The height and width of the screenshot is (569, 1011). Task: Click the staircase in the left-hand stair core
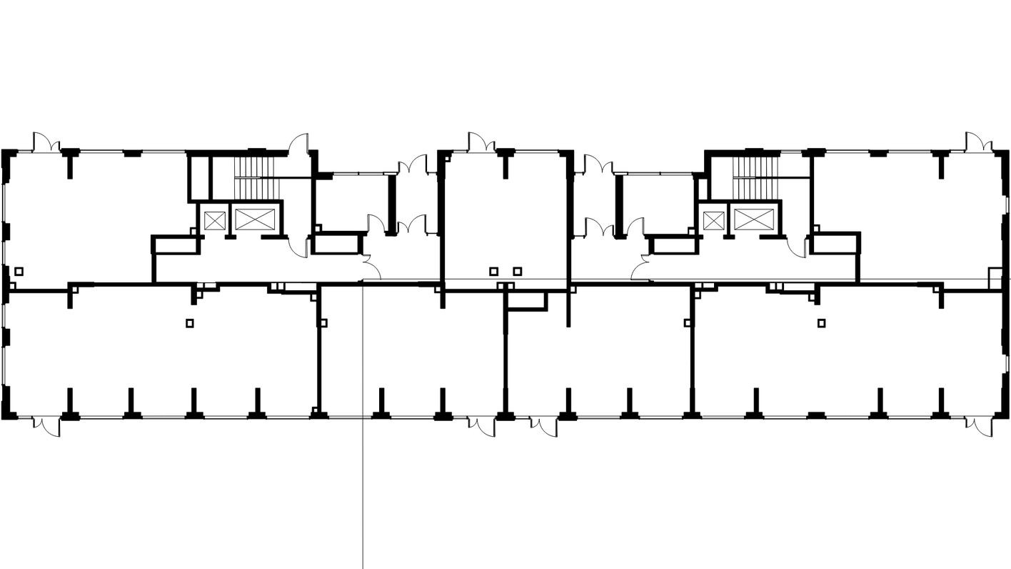click(255, 177)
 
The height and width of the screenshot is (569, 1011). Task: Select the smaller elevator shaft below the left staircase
click(213, 219)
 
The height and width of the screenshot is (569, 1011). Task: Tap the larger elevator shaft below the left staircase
click(254, 219)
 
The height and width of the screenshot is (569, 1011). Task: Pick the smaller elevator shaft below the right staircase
click(713, 219)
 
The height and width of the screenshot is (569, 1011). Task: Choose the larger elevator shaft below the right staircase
click(753, 219)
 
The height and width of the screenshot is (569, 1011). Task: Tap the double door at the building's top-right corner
click(979, 142)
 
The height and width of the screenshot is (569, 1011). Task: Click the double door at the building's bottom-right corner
click(979, 426)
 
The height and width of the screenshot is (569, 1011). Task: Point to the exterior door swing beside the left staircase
click(298, 144)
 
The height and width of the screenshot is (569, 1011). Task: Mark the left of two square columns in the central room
click(493, 272)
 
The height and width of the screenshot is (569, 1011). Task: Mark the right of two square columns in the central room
click(518, 272)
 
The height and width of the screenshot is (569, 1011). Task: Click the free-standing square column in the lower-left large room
click(190, 323)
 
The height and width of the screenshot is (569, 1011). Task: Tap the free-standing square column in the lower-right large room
click(821, 323)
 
